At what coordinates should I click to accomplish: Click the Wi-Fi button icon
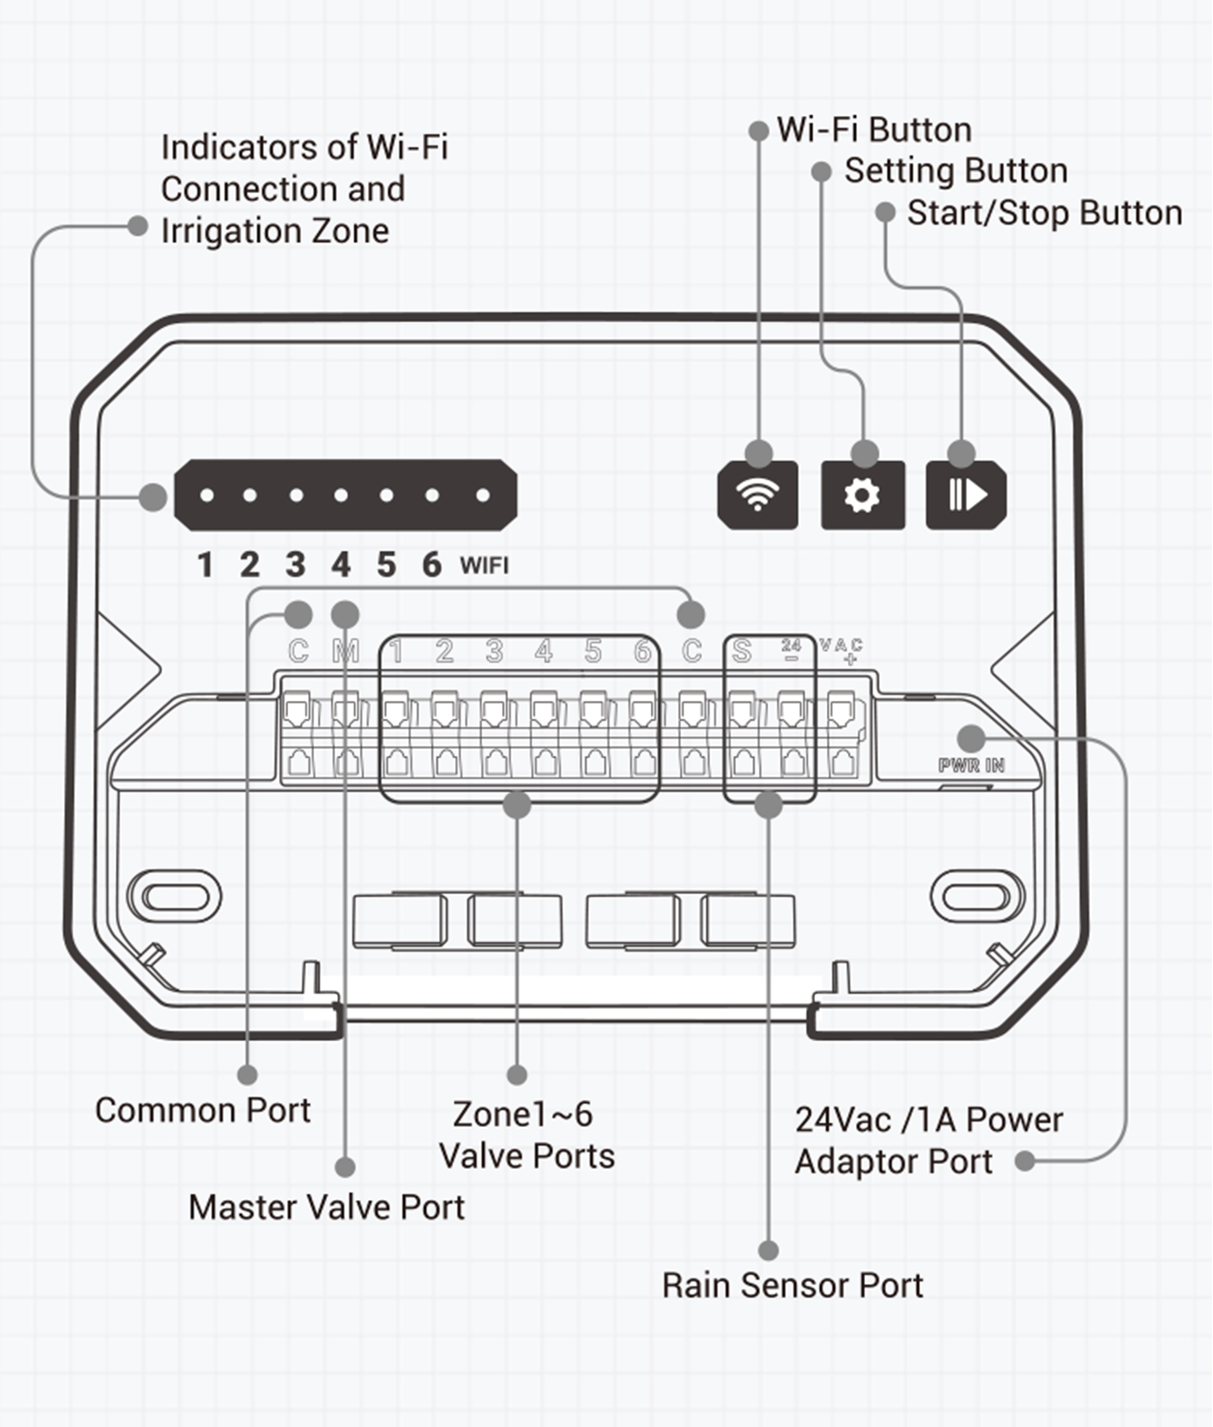(757, 495)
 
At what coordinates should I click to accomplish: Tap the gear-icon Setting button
(862, 495)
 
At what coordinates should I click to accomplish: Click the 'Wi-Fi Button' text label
(874, 130)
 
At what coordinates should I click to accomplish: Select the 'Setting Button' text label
(956, 171)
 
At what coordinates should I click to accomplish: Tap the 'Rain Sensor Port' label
(792, 1285)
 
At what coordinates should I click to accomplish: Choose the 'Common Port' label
(203, 1111)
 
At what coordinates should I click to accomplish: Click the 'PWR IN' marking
(971, 765)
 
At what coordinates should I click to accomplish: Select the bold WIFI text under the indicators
(484, 566)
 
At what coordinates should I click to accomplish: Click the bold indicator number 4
(341, 565)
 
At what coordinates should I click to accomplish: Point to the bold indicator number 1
(205, 565)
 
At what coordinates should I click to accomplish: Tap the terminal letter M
(346, 651)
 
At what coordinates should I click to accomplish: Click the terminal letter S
(741, 651)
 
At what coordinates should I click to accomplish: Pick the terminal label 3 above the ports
(494, 651)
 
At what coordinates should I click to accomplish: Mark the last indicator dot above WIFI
(483, 495)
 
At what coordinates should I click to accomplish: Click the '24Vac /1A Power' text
(929, 1120)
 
